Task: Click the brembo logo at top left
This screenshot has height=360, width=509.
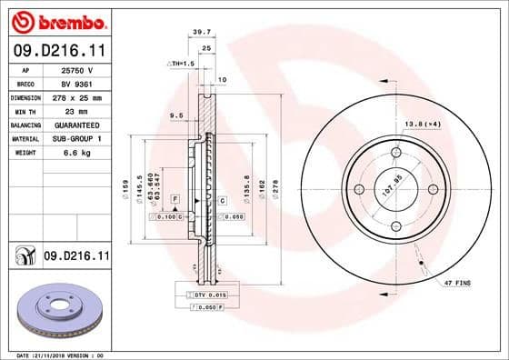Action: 56,21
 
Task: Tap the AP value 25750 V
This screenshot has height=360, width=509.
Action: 75,70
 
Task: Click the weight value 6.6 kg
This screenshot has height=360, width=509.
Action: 74,153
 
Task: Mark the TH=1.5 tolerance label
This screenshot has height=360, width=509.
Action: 182,64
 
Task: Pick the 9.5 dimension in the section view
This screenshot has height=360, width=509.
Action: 176,115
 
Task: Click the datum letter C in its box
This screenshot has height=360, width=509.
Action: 222,198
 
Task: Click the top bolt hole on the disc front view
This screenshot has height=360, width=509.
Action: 394,153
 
